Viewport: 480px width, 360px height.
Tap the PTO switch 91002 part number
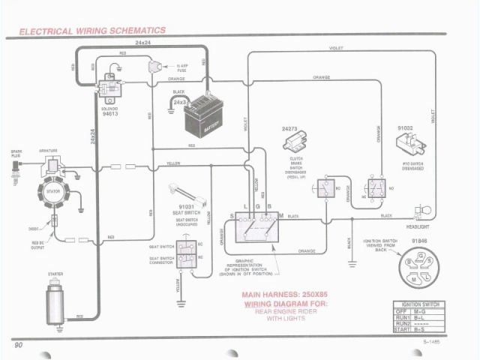[x=406, y=128]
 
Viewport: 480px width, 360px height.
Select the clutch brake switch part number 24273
[x=289, y=129]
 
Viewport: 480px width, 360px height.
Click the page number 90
[x=19, y=344]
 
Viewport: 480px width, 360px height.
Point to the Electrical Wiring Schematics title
[x=92, y=31]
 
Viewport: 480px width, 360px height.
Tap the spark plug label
[x=16, y=153]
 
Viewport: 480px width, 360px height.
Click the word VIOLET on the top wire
[x=337, y=48]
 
